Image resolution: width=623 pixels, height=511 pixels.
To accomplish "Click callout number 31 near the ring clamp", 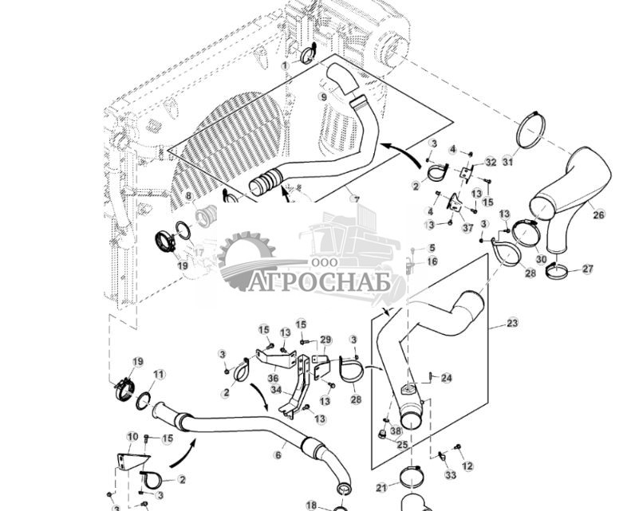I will [x=507, y=163].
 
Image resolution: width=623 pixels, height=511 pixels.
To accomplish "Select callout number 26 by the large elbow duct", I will [x=597, y=214].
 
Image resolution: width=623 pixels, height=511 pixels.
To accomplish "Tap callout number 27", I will [x=587, y=269].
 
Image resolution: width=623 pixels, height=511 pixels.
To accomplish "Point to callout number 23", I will [x=512, y=323].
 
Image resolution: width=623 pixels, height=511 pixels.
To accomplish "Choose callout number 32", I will [x=491, y=162].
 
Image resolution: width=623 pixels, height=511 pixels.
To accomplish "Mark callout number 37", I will [x=467, y=227].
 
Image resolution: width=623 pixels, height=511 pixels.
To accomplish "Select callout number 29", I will [x=325, y=340].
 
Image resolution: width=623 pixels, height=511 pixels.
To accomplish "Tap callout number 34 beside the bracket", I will [x=277, y=390].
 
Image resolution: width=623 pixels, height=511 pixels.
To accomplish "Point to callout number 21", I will [x=381, y=487].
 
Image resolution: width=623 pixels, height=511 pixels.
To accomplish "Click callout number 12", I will [x=467, y=466].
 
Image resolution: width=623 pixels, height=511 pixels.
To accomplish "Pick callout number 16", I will [x=432, y=261].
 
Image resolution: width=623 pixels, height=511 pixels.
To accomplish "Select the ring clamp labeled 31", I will [x=530, y=130].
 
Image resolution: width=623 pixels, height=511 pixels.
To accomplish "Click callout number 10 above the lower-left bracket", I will [x=132, y=437].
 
